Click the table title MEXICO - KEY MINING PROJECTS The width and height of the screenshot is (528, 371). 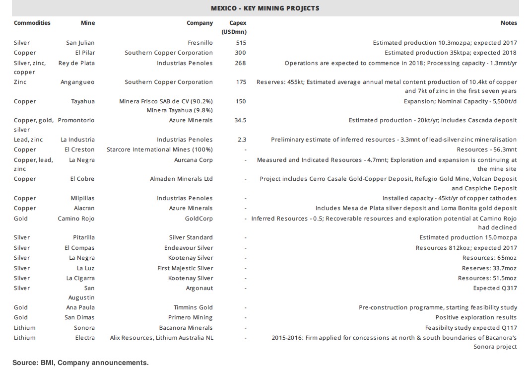click(x=264, y=8)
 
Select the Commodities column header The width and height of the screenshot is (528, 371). click(x=32, y=23)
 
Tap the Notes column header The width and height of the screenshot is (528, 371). click(x=509, y=23)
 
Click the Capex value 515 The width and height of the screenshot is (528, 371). click(x=241, y=43)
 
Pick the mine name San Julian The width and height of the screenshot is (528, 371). click(x=80, y=43)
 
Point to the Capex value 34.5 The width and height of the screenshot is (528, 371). click(x=240, y=121)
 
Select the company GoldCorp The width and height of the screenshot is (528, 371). click(x=198, y=219)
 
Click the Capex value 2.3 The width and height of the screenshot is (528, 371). click(x=242, y=140)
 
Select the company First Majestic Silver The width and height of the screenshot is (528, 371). click(x=185, y=268)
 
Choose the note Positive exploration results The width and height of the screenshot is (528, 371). click(x=476, y=317)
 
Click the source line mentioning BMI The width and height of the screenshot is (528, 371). click(x=80, y=363)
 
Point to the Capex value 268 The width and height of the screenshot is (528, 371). click(x=241, y=63)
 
